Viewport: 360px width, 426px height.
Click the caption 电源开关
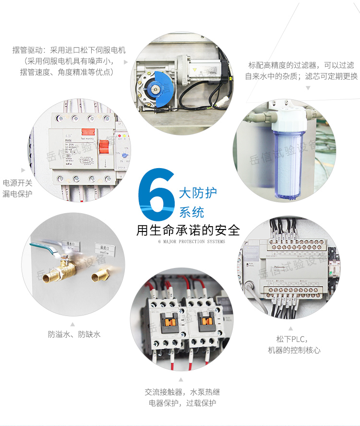click(17, 183)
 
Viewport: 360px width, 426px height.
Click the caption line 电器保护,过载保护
click(182, 403)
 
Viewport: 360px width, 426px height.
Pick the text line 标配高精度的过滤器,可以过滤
click(301, 65)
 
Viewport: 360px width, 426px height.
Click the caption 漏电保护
click(17, 194)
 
